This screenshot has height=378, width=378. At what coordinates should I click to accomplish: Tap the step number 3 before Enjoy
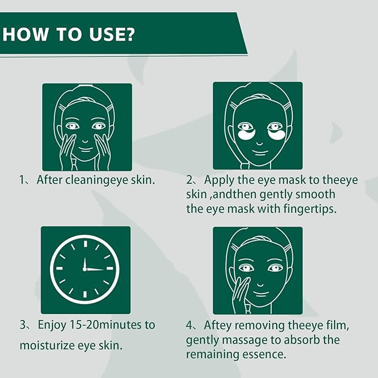23,325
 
